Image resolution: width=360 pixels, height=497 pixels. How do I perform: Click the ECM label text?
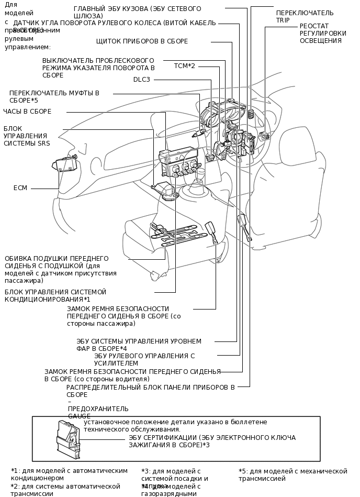(x=20, y=188)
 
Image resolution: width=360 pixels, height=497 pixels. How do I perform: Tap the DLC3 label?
(x=141, y=80)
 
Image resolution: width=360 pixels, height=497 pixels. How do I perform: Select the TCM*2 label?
(x=184, y=66)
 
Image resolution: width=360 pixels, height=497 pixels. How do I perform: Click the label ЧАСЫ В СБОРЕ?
(x=27, y=111)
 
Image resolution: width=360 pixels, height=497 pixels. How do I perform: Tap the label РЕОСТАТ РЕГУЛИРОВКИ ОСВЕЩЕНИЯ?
(x=322, y=33)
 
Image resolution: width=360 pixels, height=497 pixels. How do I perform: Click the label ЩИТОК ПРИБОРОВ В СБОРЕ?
(x=142, y=41)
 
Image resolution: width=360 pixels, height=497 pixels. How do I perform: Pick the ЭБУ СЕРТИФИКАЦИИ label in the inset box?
(x=212, y=441)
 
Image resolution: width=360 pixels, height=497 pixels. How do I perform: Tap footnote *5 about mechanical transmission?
(x=292, y=474)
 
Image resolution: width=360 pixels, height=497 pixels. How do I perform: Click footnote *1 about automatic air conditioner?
(x=69, y=474)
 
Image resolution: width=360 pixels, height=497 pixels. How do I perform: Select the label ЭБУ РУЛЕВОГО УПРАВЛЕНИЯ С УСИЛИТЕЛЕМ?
(x=144, y=359)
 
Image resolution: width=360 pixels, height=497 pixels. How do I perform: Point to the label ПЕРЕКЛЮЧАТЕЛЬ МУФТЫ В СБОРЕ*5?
(x=54, y=96)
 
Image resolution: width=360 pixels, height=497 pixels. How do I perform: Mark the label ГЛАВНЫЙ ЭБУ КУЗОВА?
(x=137, y=13)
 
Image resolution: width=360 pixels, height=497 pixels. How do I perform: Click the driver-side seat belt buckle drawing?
(x=243, y=224)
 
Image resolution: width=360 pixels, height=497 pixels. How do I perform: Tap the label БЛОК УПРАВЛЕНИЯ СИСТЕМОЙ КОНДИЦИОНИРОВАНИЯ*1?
(x=55, y=295)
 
